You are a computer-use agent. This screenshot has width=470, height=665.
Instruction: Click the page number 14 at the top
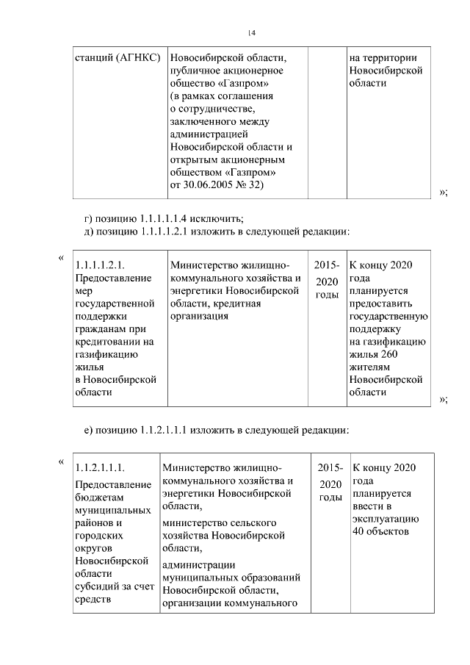point(251,32)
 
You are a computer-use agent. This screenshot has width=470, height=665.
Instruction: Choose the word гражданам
point(104,329)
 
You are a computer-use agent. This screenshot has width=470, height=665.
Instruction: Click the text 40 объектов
point(380,532)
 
